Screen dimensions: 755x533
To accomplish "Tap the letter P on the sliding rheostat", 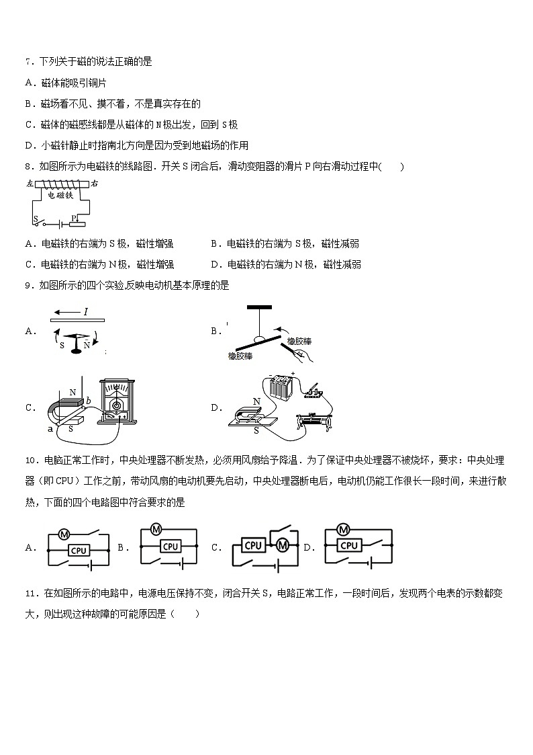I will tap(74, 217).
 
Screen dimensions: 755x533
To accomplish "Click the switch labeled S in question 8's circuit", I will tap(40, 221).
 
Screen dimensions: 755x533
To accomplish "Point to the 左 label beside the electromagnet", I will tap(29, 183).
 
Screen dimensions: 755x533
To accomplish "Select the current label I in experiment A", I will tap(86, 311).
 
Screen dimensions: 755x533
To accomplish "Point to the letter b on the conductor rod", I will tap(88, 401).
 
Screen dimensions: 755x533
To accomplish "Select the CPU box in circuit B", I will tap(171, 547).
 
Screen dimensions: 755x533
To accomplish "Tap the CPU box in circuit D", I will tap(348, 546).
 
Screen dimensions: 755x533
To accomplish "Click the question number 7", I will tap(28, 62).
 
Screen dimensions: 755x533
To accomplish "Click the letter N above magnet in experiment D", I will tap(256, 401).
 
